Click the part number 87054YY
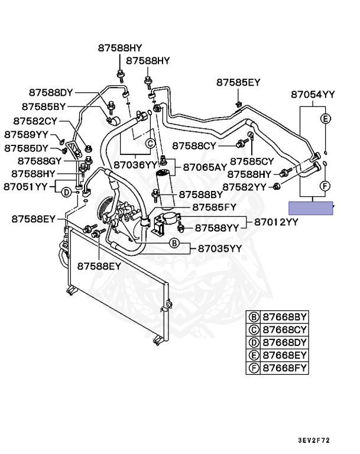tap(313, 95)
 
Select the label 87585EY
tap(238, 82)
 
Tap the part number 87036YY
tap(135, 165)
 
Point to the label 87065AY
tap(205, 167)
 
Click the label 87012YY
tap(277, 222)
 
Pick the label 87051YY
tap(25, 187)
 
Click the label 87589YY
tap(25, 134)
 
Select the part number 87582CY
tap(33, 121)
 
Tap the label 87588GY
tap(40, 161)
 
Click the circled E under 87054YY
tap(325, 119)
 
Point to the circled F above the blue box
tap(325, 186)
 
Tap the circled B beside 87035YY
tap(174, 243)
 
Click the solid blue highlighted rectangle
tap(311, 208)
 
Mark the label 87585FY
tap(215, 207)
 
